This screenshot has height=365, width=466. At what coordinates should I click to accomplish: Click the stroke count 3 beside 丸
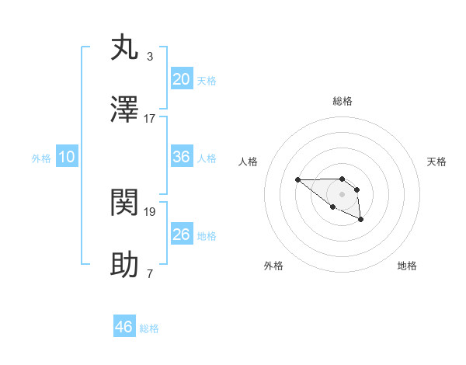pos(149,56)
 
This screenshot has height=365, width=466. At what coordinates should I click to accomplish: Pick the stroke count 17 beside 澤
pos(150,118)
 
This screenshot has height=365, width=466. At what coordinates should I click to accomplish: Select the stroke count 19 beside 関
pos(150,211)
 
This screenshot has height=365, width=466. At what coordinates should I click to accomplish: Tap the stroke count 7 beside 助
pos(149,273)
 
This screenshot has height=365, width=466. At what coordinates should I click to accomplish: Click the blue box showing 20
pos(182,79)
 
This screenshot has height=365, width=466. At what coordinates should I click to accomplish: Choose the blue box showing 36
pos(182,157)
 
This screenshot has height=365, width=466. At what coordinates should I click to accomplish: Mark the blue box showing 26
pos(182,235)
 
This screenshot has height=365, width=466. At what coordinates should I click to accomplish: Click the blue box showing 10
pos(67,157)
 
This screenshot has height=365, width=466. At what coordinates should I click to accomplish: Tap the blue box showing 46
pos(124,327)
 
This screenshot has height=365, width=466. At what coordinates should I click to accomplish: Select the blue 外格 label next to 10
pos(41,158)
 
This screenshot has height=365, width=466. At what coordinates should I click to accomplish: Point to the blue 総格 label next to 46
pos(149,328)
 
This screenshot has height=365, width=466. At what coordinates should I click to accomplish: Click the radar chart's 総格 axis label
pos(343,101)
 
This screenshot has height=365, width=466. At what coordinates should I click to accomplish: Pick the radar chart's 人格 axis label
pos(249,162)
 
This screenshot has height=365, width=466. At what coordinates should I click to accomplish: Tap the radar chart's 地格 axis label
pos(407,266)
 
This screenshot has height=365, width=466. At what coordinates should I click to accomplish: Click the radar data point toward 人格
pos(297,180)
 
